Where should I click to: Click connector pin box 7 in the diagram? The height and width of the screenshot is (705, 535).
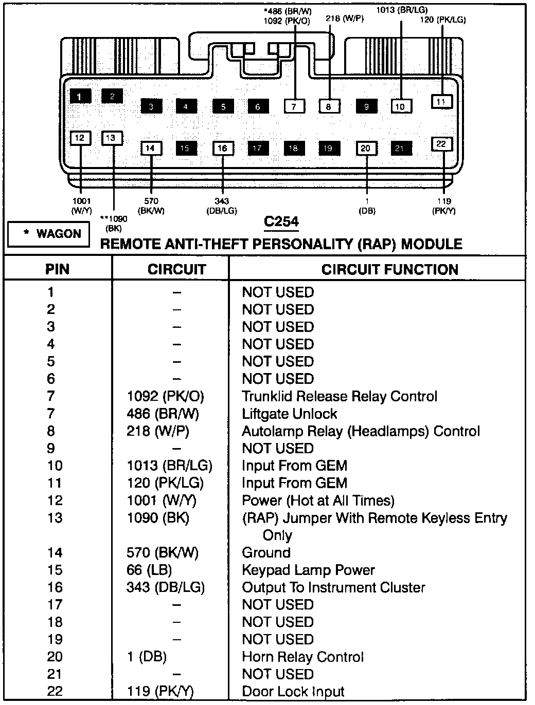click(294, 106)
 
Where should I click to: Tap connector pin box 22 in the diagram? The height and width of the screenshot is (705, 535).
click(441, 144)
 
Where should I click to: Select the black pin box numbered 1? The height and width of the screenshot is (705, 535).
click(80, 96)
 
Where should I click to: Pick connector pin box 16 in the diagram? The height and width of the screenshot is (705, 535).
click(222, 149)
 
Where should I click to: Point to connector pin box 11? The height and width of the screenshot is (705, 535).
click(441, 102)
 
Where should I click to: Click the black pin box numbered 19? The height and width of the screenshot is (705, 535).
click(328, 149)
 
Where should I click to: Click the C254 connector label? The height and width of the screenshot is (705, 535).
click(281, 221)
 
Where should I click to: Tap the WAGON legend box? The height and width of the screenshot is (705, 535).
click(49, 234)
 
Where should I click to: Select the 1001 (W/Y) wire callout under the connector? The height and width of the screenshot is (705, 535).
click(81, 206)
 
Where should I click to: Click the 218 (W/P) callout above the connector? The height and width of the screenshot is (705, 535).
click(345, 19)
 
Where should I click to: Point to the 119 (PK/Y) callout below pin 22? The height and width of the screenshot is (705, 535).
click(444, 206)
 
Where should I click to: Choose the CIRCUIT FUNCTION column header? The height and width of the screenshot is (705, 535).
click(389, 269)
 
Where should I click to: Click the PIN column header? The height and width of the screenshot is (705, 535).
click(57, 269)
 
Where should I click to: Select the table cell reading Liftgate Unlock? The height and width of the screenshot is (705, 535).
click(290, 414)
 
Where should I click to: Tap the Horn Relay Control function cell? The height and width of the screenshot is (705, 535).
click(302, 657)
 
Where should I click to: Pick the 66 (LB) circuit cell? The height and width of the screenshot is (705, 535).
click(149, 570)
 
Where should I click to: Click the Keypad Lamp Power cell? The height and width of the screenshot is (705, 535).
click(308, 570)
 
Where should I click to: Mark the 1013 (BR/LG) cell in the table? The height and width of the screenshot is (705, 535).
click(169, 466)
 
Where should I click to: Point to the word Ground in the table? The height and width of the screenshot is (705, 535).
click(266, 552)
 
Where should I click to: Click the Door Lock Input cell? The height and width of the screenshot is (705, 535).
click(293, 692)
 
